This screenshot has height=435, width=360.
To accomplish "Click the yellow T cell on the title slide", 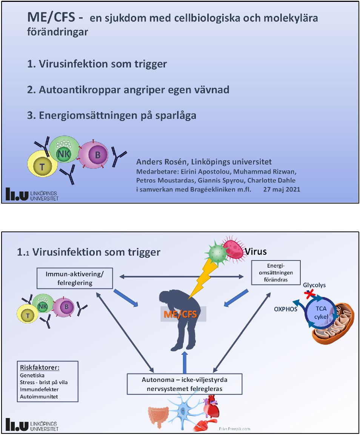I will coord(41,166).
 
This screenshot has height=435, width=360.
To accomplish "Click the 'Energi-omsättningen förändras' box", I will coord(275,273).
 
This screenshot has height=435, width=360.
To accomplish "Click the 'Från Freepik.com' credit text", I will coord(234,429).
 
